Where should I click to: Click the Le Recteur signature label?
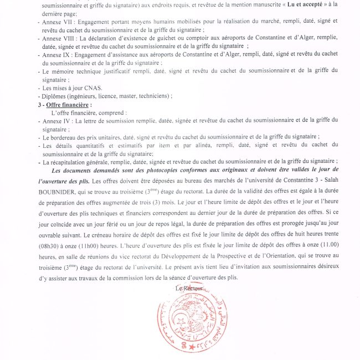[x=190, y=289]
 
